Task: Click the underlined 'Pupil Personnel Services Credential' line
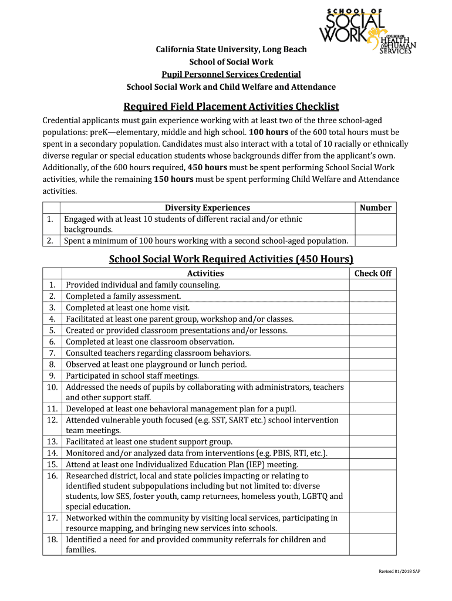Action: [231, 75]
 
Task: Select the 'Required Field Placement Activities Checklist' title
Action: [231, 106]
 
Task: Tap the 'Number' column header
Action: [375, 207]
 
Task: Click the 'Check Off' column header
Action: [373, 274]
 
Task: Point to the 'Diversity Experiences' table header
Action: [207, 207]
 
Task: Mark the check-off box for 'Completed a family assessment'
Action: [373, 296]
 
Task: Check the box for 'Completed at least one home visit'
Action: [373, 308]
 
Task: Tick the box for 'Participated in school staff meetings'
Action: [373, 376]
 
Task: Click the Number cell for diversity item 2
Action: [375, 241]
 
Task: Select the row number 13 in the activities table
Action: [52, 442]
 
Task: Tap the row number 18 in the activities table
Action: [52, 539]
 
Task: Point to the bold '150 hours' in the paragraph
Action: [173, 179]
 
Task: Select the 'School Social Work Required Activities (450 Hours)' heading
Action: [231, 259]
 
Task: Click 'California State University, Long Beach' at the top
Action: [231, 49]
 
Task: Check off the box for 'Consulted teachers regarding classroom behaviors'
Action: [373, 353]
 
